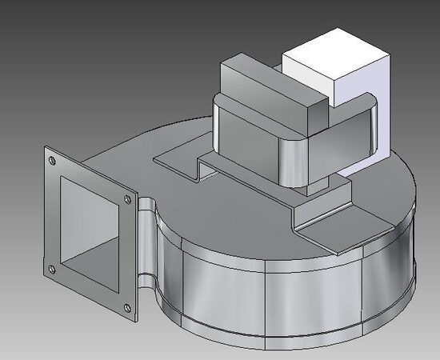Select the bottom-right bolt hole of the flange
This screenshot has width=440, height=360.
tap(126, 308)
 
